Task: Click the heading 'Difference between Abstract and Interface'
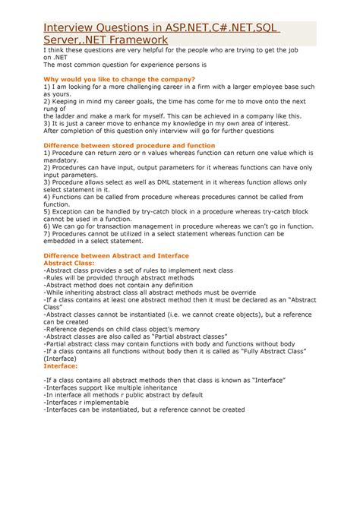tap(125, 256)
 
